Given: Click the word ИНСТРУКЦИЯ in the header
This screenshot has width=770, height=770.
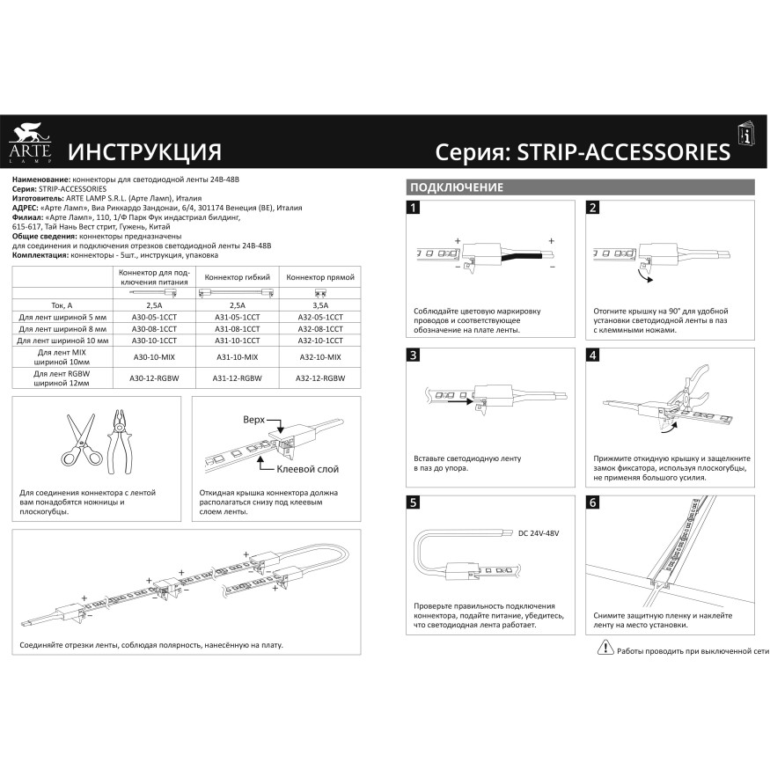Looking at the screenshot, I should (144, 151).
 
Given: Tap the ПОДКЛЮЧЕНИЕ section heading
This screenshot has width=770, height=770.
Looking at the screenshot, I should (456, 187).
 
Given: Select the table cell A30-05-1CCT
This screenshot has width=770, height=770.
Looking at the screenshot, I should (153, 315).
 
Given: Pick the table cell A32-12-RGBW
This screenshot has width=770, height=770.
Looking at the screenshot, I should (315, 378).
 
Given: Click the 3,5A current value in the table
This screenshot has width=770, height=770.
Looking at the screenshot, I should (315, 304).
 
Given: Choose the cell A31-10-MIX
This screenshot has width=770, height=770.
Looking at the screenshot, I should (238, 357).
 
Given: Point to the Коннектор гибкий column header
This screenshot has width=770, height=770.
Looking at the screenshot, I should (238, 276).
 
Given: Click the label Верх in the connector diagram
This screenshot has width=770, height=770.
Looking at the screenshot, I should (253, 420).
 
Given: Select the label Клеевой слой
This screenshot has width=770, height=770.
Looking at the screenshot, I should (307, 469).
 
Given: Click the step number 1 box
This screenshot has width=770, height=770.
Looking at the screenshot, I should (414, 208).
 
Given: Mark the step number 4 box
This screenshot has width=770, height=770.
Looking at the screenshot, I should (592, 355).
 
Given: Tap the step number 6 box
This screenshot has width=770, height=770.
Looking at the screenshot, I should (592, 502).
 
